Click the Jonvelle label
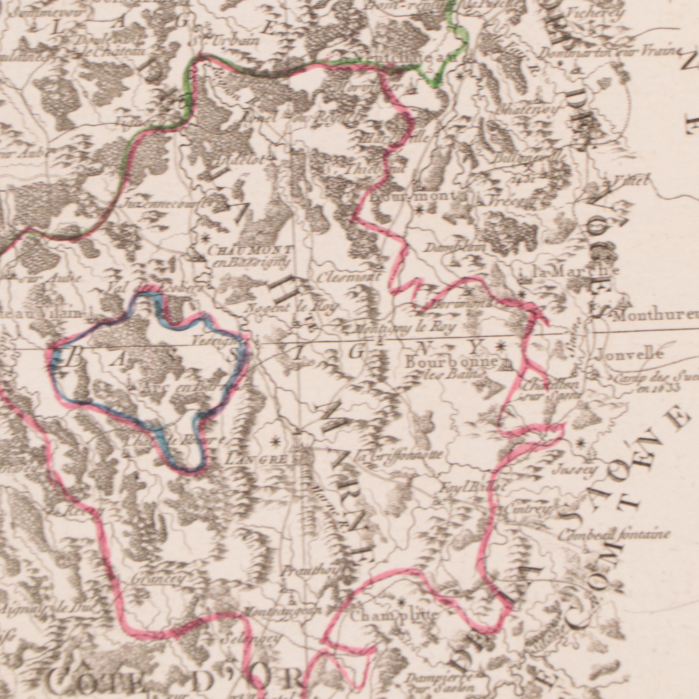(629, 353)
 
